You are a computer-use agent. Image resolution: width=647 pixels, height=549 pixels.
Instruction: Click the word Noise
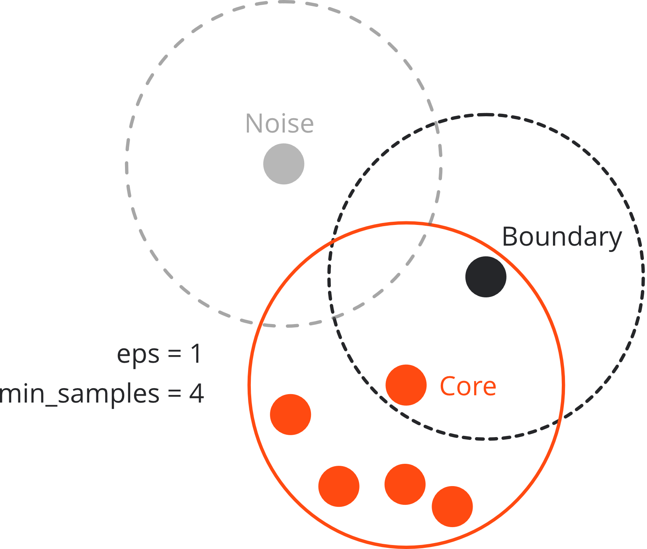(x=279, y=123)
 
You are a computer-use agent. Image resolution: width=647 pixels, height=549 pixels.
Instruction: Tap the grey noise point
(x=284, y=164)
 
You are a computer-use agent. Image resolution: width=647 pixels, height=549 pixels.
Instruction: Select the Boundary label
(x=561, y=237)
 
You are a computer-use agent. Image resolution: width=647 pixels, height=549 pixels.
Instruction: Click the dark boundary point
(x=486, y=277)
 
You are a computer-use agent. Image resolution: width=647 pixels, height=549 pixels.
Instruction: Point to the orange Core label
(x=468, y=386)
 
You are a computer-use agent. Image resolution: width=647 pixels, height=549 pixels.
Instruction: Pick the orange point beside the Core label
(x=406, y=385)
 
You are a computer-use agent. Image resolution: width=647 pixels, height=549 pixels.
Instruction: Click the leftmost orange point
(x=291, y=414)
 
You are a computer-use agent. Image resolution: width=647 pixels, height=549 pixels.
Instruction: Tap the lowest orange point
(x=452, y=506)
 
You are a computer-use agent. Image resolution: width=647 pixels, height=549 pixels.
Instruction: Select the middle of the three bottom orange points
(x=405, y=484)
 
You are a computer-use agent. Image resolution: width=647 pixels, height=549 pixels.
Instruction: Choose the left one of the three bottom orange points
(x=339, y=486)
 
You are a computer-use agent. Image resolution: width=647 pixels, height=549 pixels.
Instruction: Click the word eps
(x=138, y=354)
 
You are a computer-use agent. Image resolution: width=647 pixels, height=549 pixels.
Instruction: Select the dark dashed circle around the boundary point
(x=643, y=277)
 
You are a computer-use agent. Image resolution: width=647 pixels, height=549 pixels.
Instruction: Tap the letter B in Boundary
(x=510, y=236)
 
